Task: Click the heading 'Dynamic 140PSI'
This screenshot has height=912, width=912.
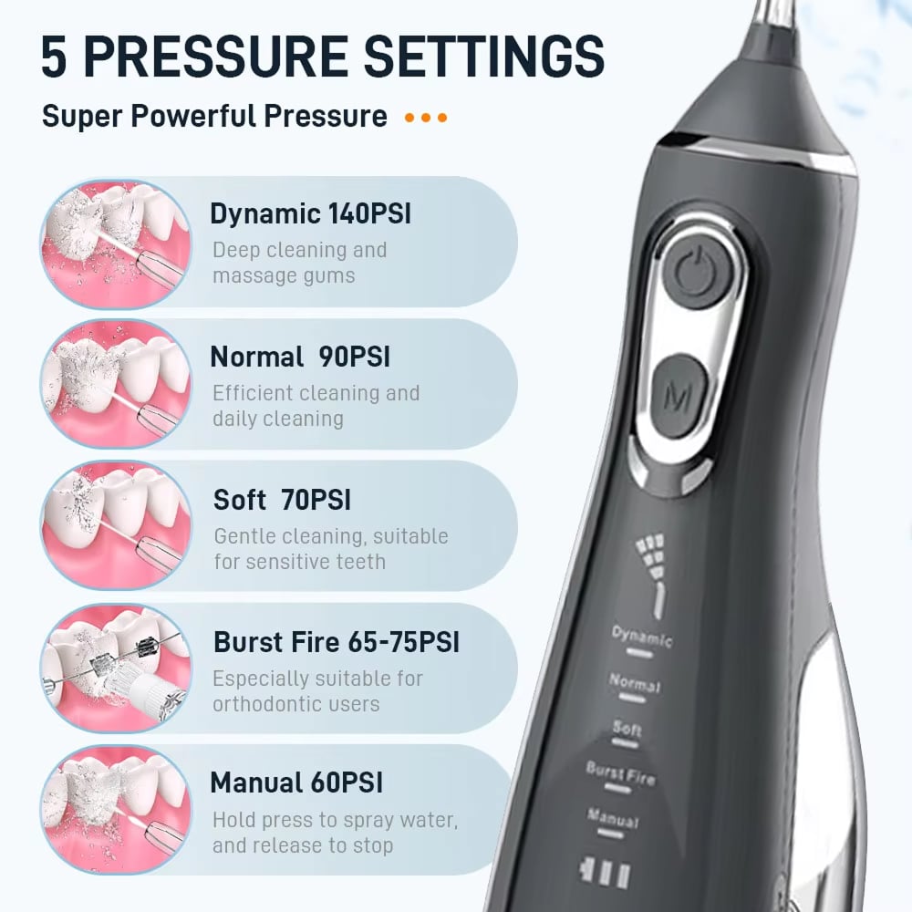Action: pos(310,214)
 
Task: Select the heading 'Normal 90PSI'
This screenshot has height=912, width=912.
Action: pos(300,357)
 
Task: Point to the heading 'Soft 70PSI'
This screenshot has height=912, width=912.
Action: pos(282,500)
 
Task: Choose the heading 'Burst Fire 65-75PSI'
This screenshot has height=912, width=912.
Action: pos(337,642)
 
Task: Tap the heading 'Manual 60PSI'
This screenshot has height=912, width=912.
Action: pos(296,782)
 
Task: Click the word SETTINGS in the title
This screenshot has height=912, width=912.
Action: pos(484,56)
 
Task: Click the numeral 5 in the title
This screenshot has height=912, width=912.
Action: pos(54,57)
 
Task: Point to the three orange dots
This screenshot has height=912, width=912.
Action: pos(426,118)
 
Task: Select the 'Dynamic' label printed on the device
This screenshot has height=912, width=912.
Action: pos(642,636)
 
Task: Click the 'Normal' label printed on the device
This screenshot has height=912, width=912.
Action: pos(635,681)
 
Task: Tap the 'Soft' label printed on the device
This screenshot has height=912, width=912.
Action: pos(627,727)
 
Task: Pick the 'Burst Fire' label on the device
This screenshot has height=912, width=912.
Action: pos(620,773)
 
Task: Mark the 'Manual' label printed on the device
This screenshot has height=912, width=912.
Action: pos(613,818)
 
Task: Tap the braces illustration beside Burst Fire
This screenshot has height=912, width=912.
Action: pos(116,668)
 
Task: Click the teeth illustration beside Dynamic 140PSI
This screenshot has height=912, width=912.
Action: pos(116,244)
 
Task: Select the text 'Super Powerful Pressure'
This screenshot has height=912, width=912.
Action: pos(214,116)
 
